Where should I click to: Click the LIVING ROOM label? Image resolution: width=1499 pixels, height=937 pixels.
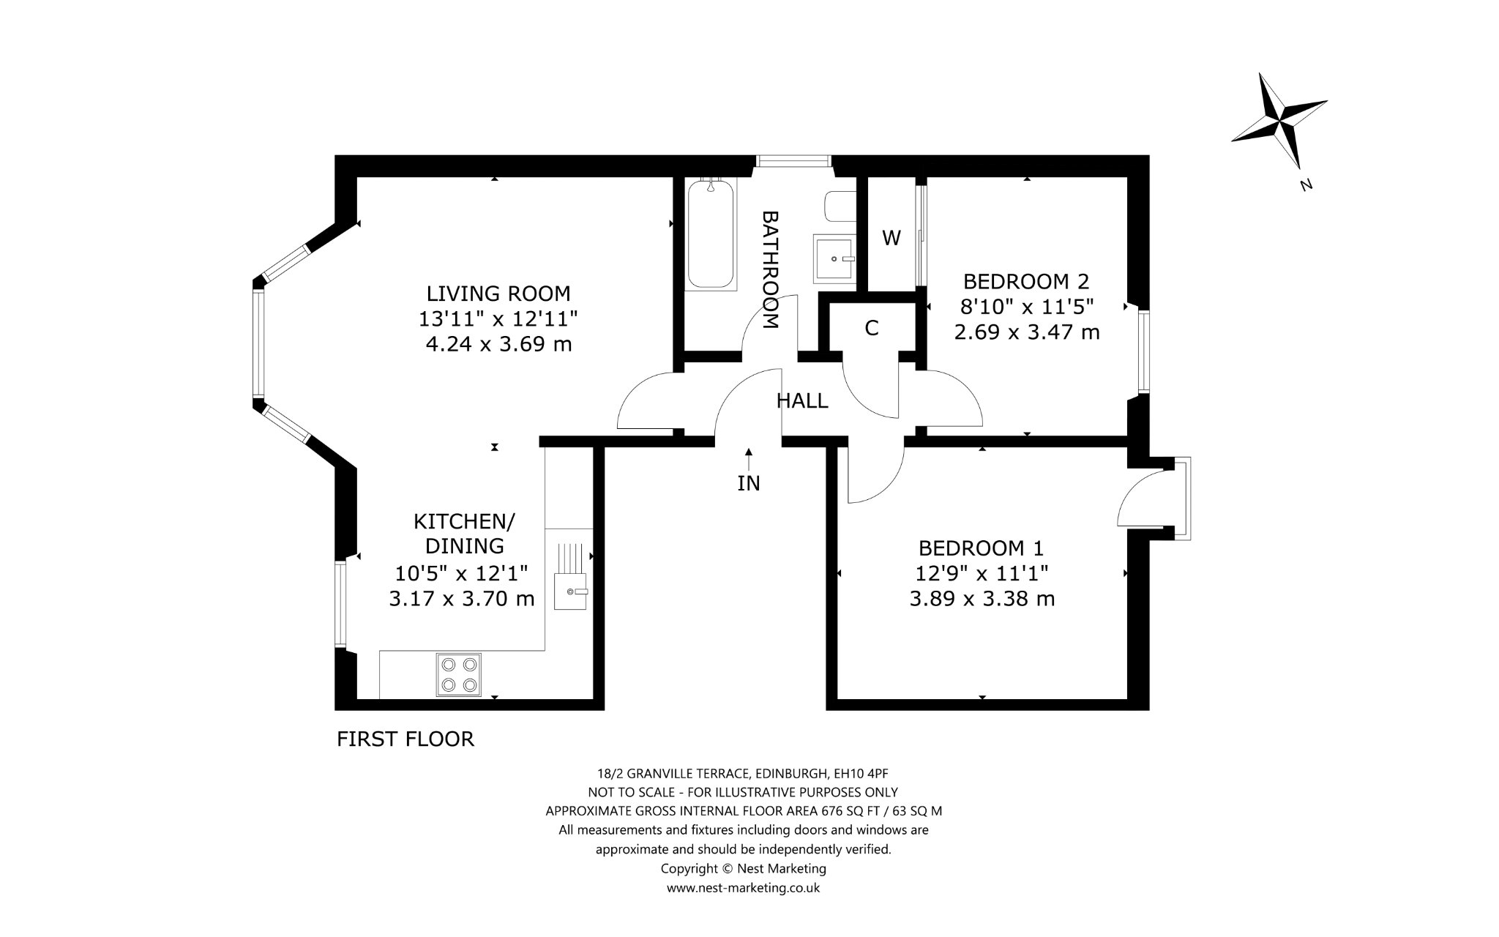tap(498, 294)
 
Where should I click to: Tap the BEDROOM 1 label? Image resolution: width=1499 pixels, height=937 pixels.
tap(982, 548)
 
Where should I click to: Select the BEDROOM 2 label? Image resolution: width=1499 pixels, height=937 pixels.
tap(1026, 281)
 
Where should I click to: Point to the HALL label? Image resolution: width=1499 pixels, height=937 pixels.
tap(802, 400)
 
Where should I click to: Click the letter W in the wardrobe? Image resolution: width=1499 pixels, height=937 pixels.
tap(891, 238)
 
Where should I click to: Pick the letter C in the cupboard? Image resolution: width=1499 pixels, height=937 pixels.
tap(871, 329)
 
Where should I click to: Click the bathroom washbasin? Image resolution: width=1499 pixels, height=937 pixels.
tap(835, 258)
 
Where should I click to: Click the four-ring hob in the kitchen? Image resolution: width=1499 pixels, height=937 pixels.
tap(459, 674)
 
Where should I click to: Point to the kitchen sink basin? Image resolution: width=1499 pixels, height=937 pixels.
tap(571, 591)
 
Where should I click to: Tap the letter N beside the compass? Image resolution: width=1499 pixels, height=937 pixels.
tap(1306, 185)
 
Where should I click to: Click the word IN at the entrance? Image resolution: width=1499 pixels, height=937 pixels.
tap(749, 483)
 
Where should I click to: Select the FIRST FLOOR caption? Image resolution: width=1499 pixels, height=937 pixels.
tap(405, 739)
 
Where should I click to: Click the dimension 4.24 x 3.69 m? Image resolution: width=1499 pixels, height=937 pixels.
tap(498, 344)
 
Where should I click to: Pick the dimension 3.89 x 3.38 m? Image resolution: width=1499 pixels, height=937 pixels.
tap(982, 599)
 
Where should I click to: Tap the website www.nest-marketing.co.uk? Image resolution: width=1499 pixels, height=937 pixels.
tap(743, 888)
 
